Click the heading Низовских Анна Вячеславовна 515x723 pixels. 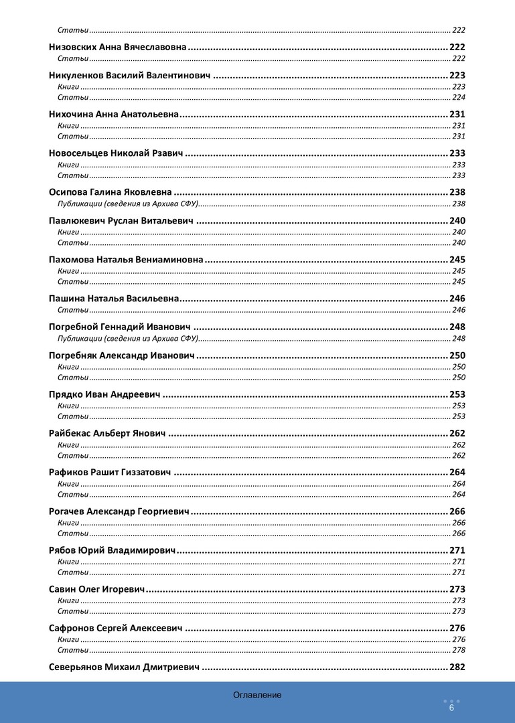[x=117, y=48]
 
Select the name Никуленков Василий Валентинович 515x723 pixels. [x=130, y=76]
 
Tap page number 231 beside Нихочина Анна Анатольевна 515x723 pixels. [x=457, y=114]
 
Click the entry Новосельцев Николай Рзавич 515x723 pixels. [x=116, y=153]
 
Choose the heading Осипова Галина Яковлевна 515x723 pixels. [x=111, y=192]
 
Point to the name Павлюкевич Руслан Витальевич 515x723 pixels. [x=121, y=221]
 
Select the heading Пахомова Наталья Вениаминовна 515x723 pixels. [x=126, y=260]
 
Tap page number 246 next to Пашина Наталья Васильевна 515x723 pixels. [x=457, y=299]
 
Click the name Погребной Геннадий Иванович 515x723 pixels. [x=120, y=327]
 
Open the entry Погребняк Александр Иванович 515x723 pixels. [x=121, y=355]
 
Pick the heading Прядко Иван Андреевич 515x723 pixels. [x=104, y=394]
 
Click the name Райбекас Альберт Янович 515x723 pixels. [x=107, y=433]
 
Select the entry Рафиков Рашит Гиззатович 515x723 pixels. [x=110, y=472]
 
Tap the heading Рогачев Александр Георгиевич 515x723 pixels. [x=119, y=511]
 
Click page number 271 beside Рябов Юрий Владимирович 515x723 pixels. [x=457, y=550]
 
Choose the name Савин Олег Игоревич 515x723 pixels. [x=97, y=589]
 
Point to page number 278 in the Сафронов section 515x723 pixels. [x=459, y=650]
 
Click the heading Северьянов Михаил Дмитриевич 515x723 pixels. [x=125, y=667]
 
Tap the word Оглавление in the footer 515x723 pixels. [x=257, y=695]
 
